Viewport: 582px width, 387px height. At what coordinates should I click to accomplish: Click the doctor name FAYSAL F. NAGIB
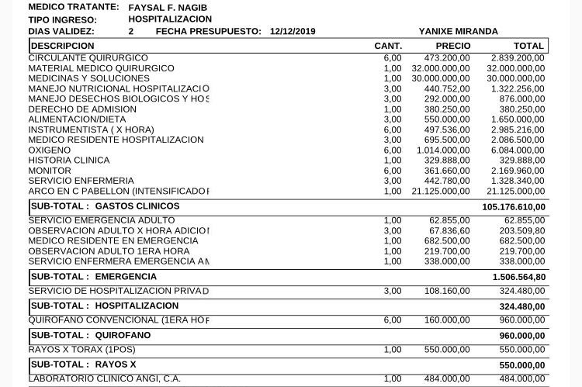tap(168, 7)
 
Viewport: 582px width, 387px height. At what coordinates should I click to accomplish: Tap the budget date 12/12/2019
tap(293, 32)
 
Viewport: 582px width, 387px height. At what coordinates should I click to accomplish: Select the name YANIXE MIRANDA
tap(459, 32)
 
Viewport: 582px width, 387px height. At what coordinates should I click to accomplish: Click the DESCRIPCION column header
tap(62, 46)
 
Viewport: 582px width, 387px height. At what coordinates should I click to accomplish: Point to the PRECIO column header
tap(453, 46)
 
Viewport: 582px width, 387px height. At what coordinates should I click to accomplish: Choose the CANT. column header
tap(388, 46)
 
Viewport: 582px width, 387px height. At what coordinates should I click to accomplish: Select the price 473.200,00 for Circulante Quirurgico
tap(446, 58)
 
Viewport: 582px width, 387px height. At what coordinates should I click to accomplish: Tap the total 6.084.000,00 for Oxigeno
tap(518, 150)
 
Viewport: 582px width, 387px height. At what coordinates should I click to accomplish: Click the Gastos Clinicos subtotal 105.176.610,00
tap(513, 207)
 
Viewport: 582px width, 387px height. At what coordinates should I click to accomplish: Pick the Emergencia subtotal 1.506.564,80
tap(518, 277)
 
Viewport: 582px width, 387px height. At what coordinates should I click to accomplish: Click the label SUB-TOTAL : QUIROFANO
tap(91, 336)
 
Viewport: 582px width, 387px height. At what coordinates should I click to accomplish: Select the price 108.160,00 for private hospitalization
tap(446, 291)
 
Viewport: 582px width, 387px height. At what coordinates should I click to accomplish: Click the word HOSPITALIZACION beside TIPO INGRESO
tap(170, 19)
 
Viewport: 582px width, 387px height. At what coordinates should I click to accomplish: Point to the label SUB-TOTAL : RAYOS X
tap(84, 365)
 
